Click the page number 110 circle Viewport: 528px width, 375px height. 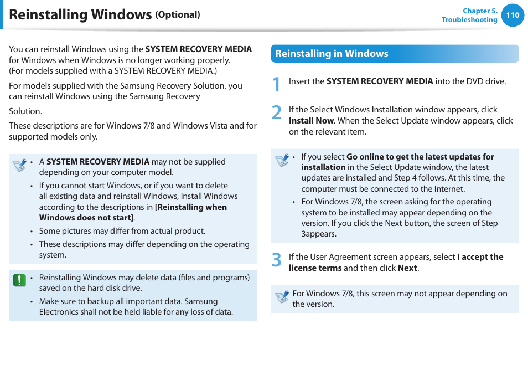pyautogui.click(x=513, y=16)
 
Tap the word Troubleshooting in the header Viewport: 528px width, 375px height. pyautogui.click(x=469, y=20)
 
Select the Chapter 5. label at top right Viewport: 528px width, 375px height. pyautogui.click(x=480, y=11)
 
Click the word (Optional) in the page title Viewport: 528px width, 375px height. pyautogui.click(x=178, y=15)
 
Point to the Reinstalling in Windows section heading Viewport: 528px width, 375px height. pyautogui.click(x=332, y=54)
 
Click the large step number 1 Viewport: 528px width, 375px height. pyautogui.click(x=277, y=84)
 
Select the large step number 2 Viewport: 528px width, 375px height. pyautogui.click(x=277, y=112)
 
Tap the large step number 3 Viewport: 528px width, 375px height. pyautogui.click(x=277, y=260)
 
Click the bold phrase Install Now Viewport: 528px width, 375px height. pyautogui.click(x=311, y=121)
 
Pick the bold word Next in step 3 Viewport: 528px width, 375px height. pyautogui.click(x=407, y=268)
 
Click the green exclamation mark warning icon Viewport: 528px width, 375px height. pyautogui.click(x=19, y=280)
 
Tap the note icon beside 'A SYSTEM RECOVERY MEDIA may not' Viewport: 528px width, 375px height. pyautogui.click(x=20, y=165)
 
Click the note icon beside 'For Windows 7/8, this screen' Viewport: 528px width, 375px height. pyautogui.click(x=282, y=296)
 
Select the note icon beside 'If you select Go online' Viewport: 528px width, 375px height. pyautogui.click(x=282, y=160)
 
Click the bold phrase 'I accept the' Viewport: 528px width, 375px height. pyautogui.click(x=480, y=257)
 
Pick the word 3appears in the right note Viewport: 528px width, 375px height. pyautogui.click(x=318, y=234)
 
